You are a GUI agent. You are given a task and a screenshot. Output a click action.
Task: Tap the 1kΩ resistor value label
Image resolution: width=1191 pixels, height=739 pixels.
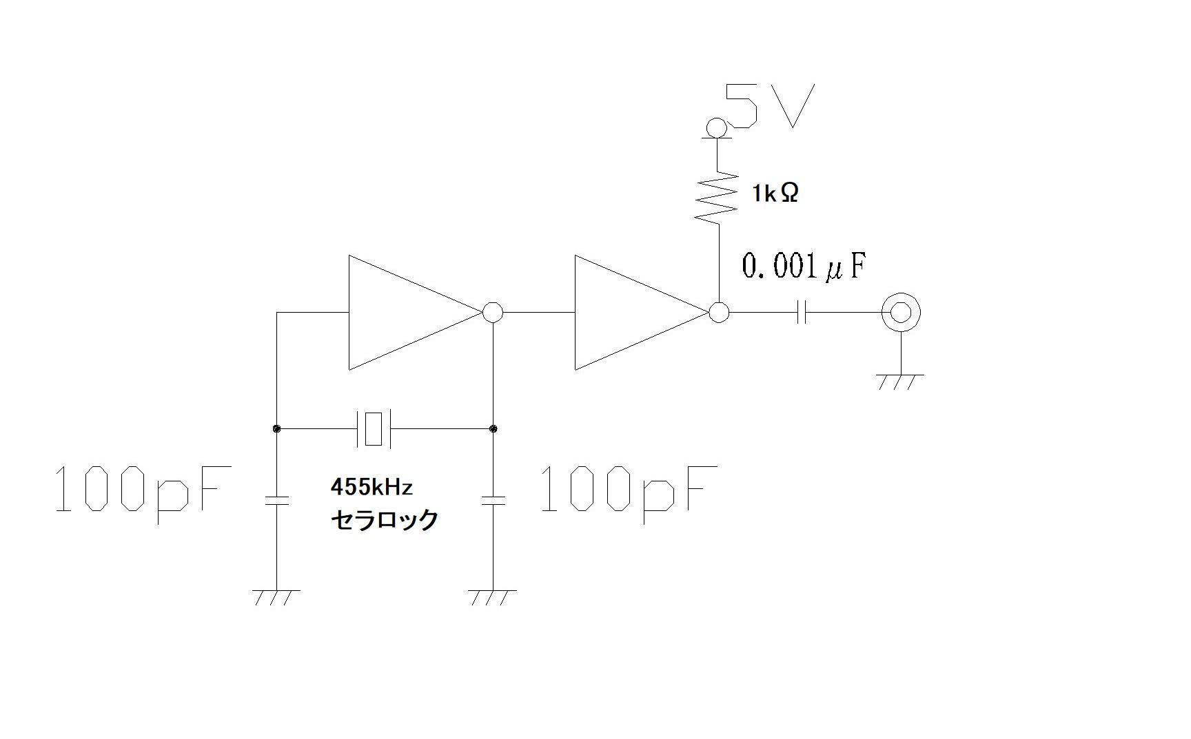click(x=775, y=194)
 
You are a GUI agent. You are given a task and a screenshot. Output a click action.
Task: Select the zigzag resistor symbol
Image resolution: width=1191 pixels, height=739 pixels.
click(x=717, y=197)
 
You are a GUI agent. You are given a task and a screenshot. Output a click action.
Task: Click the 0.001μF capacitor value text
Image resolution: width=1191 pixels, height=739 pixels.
click(x=803, y=266)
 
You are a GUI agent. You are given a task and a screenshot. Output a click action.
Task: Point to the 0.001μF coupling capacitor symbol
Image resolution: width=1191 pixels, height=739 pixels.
click(x=802, y=313)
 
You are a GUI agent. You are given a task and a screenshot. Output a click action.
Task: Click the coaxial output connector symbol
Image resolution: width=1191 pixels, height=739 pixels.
click(x=901, y=313)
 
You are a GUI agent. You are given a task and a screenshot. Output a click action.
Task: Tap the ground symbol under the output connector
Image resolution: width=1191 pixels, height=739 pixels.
click(x=900, y=382)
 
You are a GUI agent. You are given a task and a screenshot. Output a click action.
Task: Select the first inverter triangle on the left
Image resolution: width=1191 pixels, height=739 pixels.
click(x=415, y=313)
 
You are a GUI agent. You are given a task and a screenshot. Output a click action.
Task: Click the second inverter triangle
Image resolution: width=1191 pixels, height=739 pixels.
click(x=642, y=313)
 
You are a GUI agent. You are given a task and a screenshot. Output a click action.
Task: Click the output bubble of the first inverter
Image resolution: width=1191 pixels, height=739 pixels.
click(x=493, y=313)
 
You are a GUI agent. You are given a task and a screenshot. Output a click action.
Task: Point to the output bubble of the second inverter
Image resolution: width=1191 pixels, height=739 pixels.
click(x=719, y=313)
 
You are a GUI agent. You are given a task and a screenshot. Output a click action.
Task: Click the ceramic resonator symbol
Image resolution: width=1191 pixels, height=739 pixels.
click(x=373, y=428)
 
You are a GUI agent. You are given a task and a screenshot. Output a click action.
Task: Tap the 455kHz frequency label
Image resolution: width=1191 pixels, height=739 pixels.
click(x=371, y=488)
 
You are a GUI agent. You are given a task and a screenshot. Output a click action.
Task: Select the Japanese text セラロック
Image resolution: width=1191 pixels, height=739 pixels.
click(x=385, y=520)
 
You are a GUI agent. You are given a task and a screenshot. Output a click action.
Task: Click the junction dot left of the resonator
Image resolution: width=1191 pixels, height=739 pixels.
click(x=277, y=428)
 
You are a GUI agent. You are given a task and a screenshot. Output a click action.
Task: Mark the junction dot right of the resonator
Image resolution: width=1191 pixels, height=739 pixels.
click(x=493, y=428)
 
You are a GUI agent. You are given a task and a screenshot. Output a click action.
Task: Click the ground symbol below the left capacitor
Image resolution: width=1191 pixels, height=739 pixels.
click(x=277, y=597)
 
